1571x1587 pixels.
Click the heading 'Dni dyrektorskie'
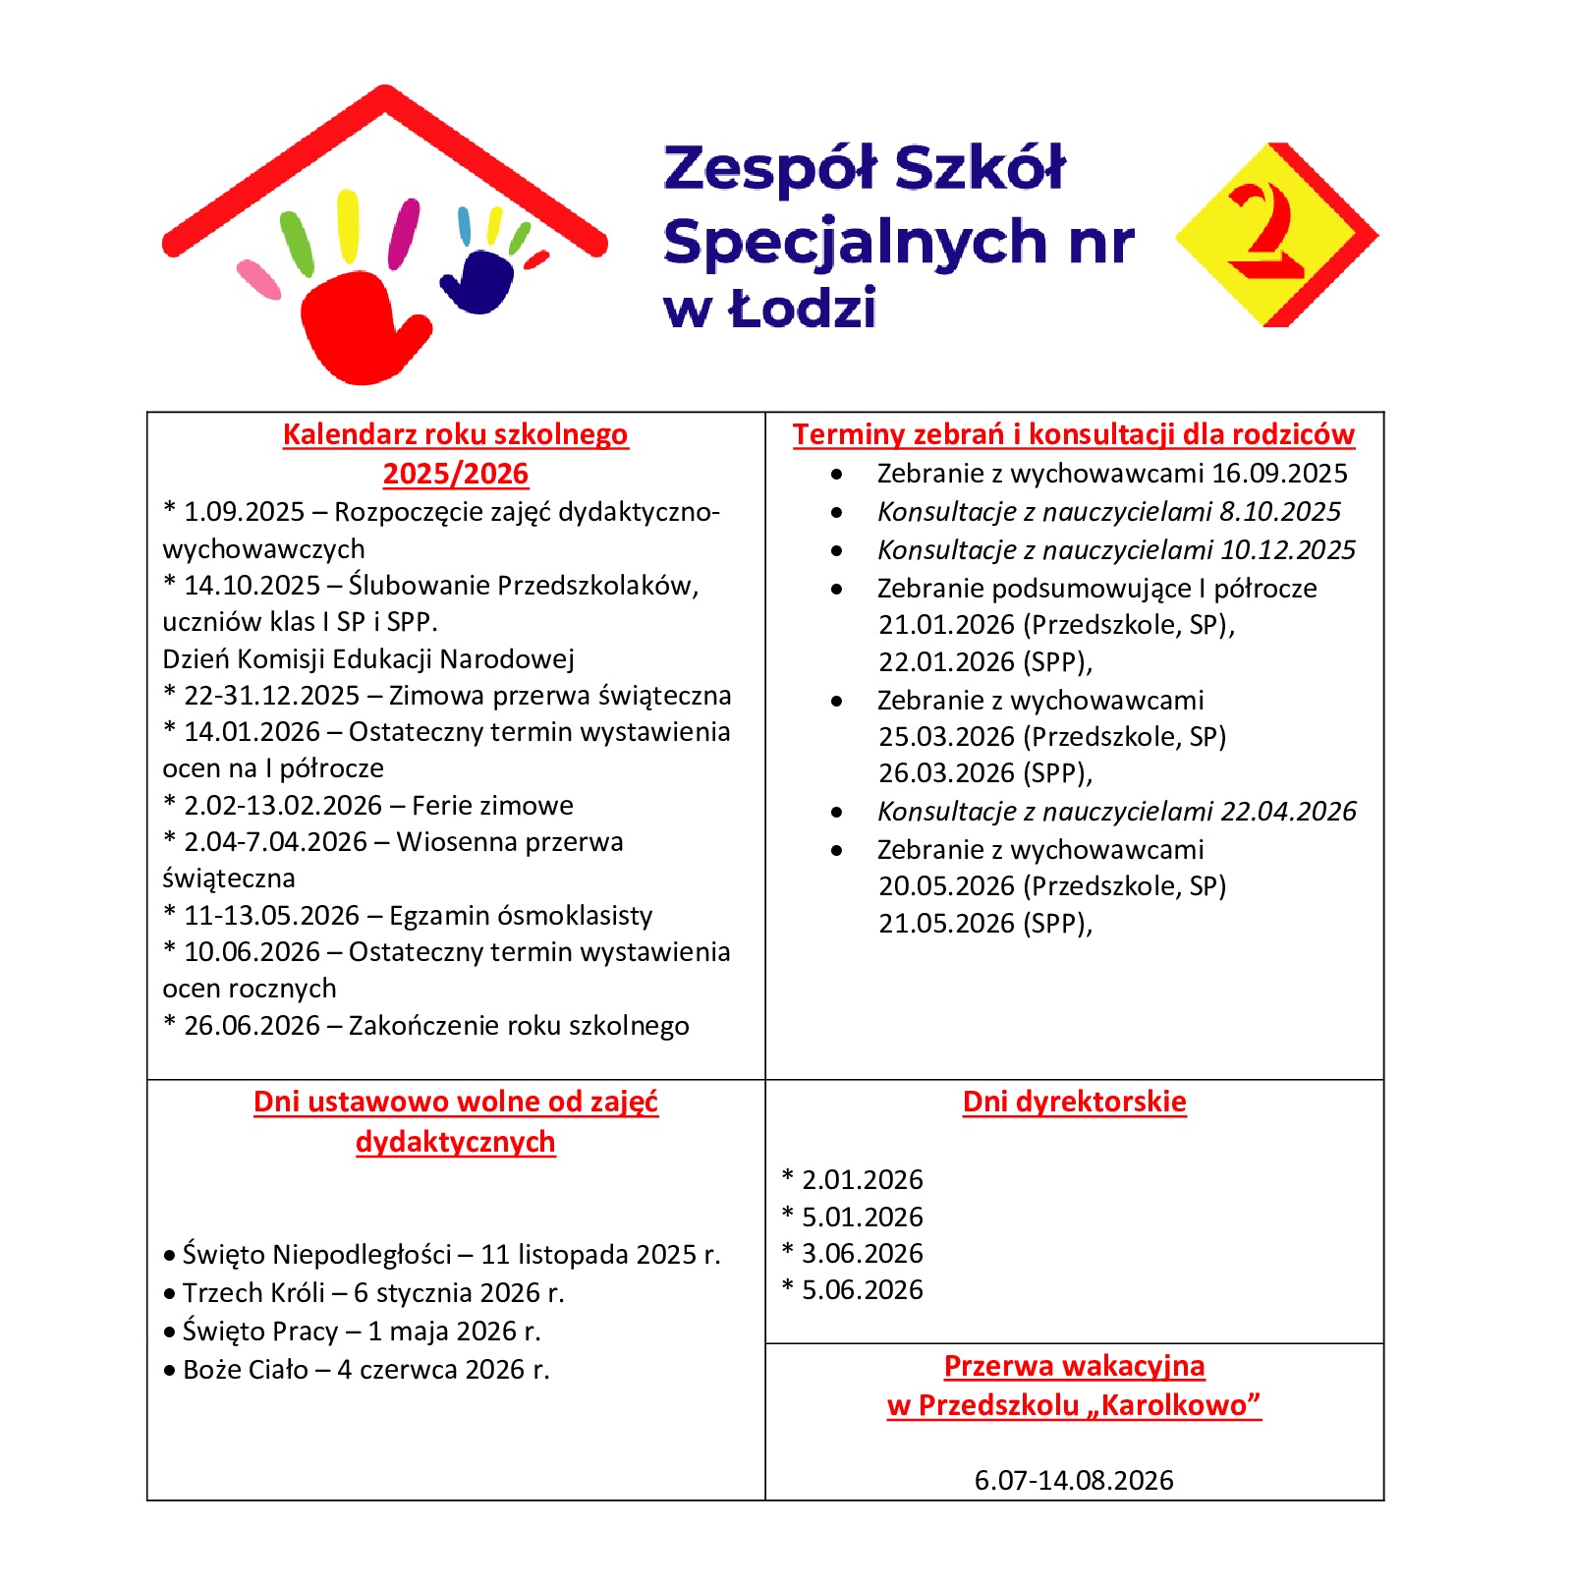click(x=1074, y=1102)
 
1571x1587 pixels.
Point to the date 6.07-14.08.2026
click(x=1074, y=1480)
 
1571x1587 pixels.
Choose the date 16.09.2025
click(x=1279, y=474)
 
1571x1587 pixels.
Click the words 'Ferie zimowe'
click(x=492, y=806)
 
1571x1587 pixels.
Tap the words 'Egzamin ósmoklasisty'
click(x=521, y=916)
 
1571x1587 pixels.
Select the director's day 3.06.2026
click(x=862, y=1253)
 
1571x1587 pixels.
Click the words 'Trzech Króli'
click(x=253, y=1292)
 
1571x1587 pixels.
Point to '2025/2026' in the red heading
click(x=456, y=474)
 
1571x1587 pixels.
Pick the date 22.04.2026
click(x=1288, y=812)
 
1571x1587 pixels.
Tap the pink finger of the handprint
click(x=258, y=279)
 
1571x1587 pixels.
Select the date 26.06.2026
click(x=252, y=1026)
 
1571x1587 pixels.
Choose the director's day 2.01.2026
click(x=862, y=1179)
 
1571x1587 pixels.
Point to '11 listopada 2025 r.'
click(x=600, y=1255)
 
